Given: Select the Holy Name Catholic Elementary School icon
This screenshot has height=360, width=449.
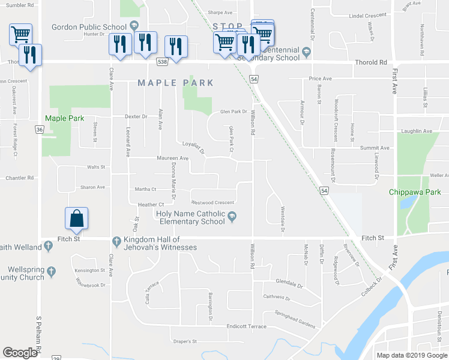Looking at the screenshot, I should tap(233, 217).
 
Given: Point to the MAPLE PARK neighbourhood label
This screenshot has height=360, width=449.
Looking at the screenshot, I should tap(176, 83).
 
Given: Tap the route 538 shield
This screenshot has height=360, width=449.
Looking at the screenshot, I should tap(163, 62).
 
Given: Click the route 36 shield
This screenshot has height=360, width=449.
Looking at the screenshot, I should tap(39, 129).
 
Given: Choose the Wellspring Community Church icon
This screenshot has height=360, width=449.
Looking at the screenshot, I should tap(52, 271).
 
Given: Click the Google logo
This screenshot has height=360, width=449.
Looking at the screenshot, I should tap(20, 352).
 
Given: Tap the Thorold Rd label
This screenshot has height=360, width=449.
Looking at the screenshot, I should tap(370, 62).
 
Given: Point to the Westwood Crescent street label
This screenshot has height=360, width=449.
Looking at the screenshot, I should tap(212, 202).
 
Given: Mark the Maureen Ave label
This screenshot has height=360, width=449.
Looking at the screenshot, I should tap(172, 158).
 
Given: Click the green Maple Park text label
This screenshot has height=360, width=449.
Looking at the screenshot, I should tap(64, 119).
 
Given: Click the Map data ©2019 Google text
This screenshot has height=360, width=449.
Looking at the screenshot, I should tap(411, 355).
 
